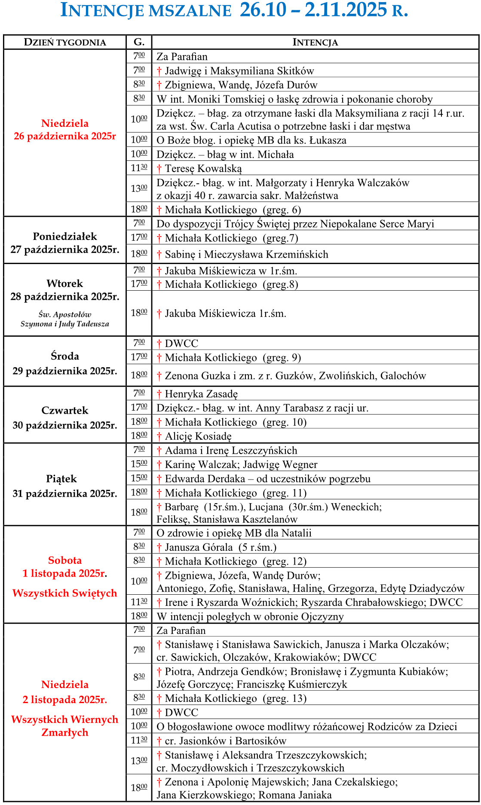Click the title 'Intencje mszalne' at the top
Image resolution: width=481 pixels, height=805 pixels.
[146, 11]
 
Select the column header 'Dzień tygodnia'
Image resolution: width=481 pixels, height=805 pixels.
[65, 42]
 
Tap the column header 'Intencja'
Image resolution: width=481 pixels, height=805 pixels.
[315, 42]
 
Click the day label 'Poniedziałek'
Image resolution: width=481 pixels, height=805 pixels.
[65, 237]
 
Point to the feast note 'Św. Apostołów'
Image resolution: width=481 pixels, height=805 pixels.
[65, 314]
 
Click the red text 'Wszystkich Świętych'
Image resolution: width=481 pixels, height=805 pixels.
[65, 593]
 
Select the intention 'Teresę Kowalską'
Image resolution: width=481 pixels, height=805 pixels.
[203, 169]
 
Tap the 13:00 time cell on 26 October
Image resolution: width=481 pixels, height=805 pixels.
[139, 188]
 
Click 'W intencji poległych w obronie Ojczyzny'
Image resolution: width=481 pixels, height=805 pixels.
[250, 617]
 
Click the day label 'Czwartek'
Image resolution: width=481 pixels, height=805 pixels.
[65, 411]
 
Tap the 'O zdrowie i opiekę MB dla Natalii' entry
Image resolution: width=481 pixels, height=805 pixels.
[234, 533]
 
